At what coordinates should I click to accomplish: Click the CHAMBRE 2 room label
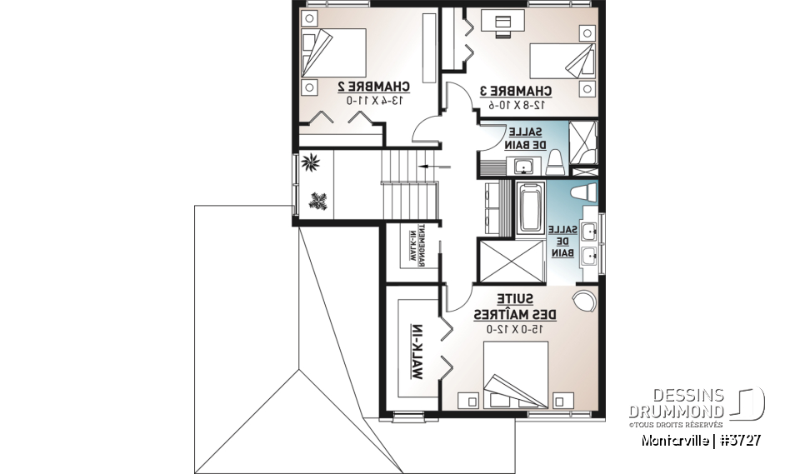373,87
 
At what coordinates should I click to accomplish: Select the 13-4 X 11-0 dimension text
373,101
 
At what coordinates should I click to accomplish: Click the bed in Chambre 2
332,57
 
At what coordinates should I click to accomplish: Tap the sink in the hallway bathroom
523,167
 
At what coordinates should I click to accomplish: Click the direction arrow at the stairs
432,166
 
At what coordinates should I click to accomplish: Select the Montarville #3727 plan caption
699,439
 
